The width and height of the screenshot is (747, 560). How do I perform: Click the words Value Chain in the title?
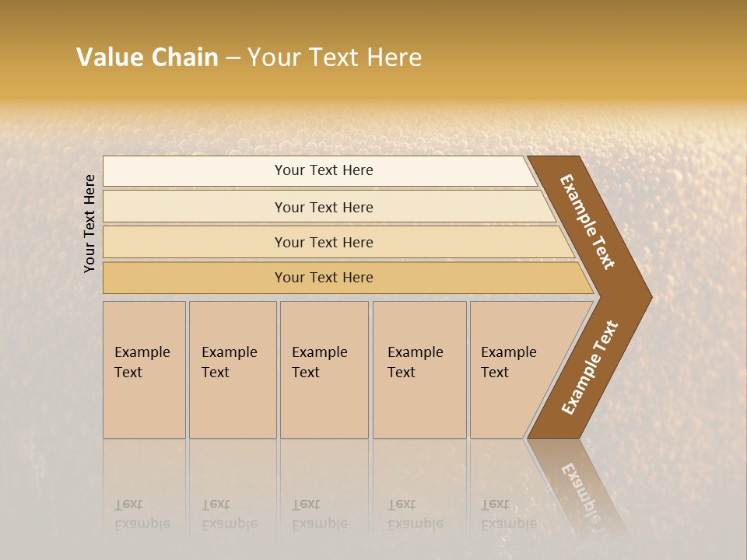point(147,58)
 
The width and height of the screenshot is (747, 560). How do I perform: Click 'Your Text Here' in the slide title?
point(335,58)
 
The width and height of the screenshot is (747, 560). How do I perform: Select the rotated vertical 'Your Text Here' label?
point(89,223)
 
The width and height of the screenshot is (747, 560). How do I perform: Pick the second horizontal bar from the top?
point(324,207)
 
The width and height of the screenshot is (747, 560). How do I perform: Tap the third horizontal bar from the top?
point(324,242)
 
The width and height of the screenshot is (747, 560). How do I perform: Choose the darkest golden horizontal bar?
point(324,278)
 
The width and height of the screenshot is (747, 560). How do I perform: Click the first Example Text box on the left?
point(144,369)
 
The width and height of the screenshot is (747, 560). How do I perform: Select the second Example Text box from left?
point(232,369)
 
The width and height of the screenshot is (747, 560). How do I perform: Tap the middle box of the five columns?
point(324,369)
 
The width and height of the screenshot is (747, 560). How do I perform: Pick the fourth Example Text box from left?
point(419,369)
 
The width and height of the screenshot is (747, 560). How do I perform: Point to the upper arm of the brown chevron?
point(588,222)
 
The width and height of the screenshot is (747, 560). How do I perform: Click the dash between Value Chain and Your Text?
point(233,58)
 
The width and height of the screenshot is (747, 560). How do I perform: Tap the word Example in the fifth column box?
point(508,352)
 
